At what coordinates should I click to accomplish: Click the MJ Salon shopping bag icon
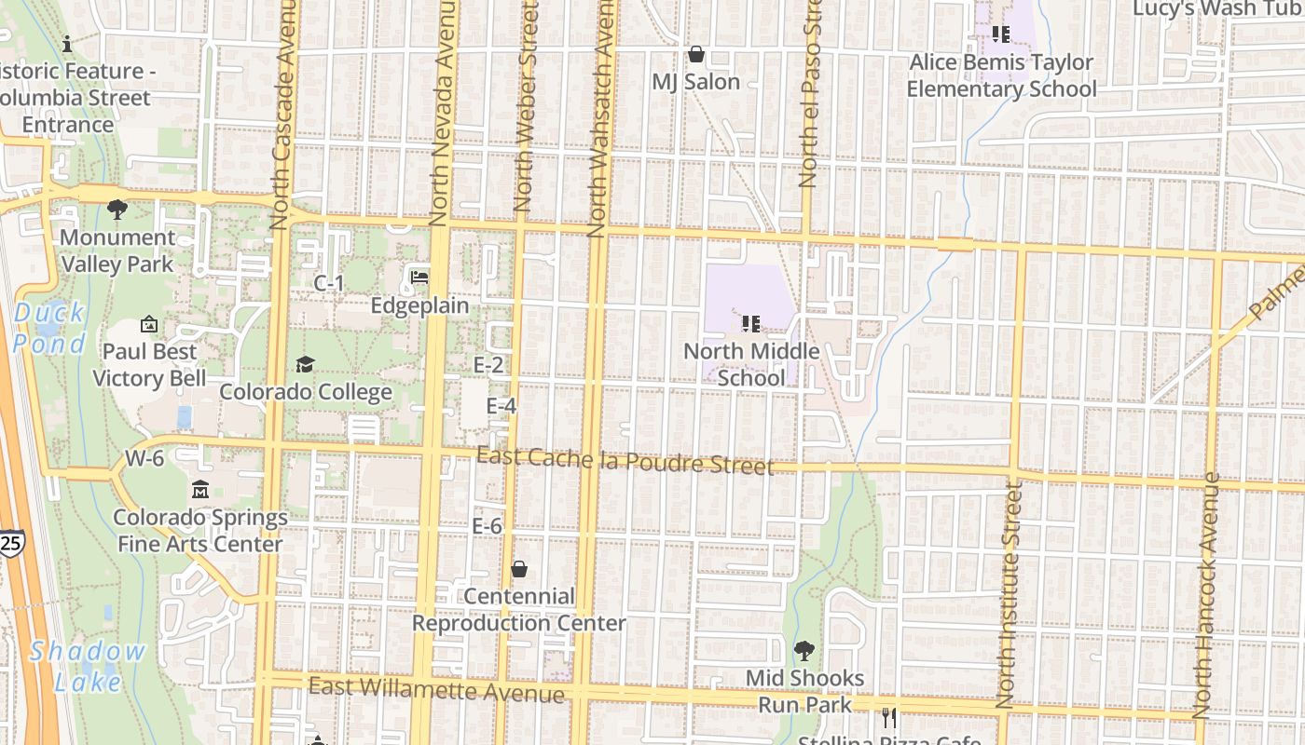[695, 55]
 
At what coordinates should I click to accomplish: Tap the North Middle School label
[751, 365]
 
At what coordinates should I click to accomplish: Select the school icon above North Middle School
[751, 324]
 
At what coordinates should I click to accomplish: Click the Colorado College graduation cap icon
[306, 364]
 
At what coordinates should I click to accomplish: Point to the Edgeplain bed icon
[419, 278]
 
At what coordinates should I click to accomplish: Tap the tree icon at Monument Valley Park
[117, 210]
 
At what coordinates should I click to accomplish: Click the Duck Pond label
[49, 328]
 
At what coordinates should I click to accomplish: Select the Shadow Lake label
[88, 666]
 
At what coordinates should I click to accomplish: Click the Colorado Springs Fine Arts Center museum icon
[200, 490]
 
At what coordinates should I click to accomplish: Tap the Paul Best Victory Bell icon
[149, 324]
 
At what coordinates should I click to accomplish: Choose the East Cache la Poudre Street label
[625, 460]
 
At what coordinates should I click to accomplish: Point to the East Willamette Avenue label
[436, 690]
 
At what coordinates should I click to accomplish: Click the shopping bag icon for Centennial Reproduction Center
[519, 569]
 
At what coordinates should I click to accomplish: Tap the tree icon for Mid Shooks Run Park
[804, 650]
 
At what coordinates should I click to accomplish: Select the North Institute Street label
[1010, 596]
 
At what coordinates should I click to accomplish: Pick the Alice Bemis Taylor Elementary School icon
[1001, 35]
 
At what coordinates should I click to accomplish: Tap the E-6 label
[487, 526]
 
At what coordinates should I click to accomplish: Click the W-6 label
[144, 458]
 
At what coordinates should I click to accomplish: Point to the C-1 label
[329, 283]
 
